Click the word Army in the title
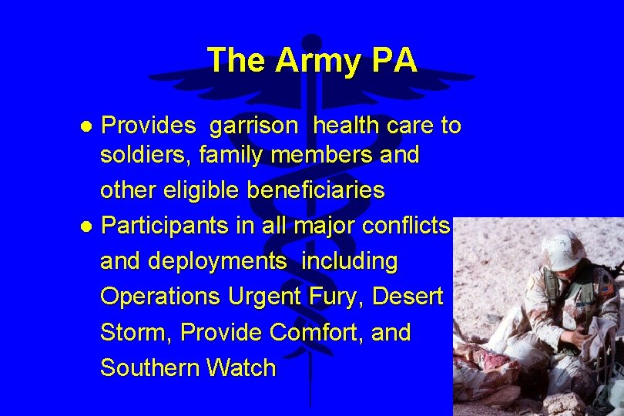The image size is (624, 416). coord(318,61)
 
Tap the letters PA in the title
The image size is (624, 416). coord(393,60)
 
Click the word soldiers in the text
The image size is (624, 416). coord(146,155)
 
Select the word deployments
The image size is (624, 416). coord(216,262)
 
